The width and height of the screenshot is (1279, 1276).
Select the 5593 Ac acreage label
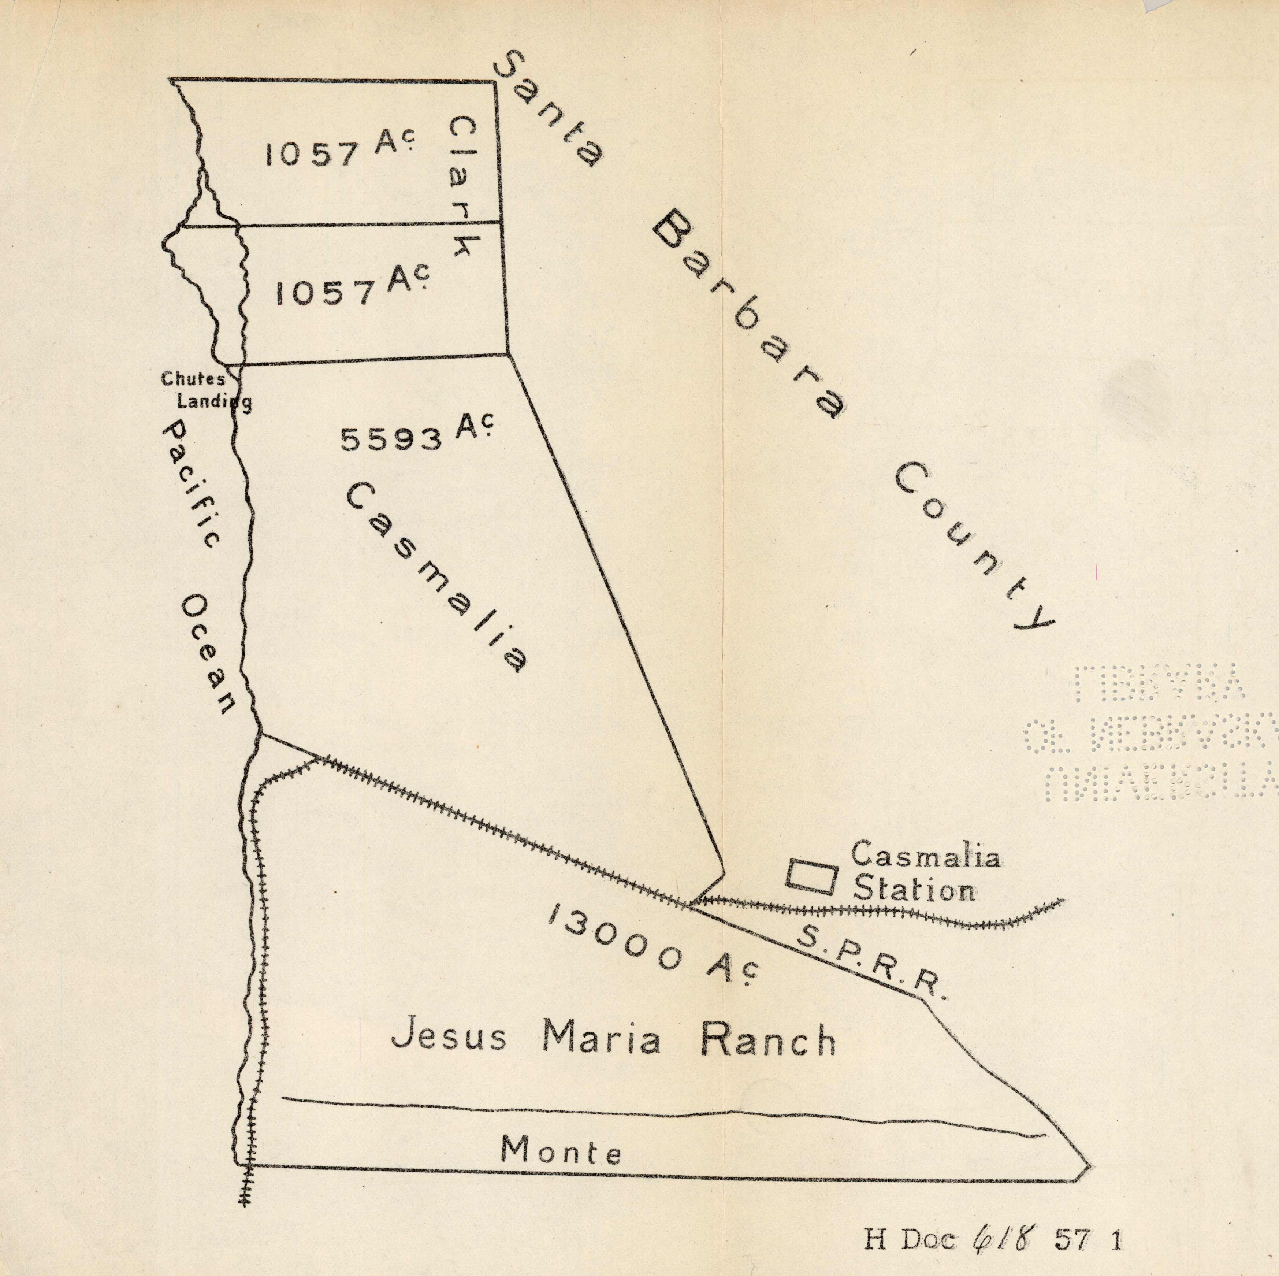click(417, 434)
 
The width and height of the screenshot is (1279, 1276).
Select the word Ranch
click(768, 1040)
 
